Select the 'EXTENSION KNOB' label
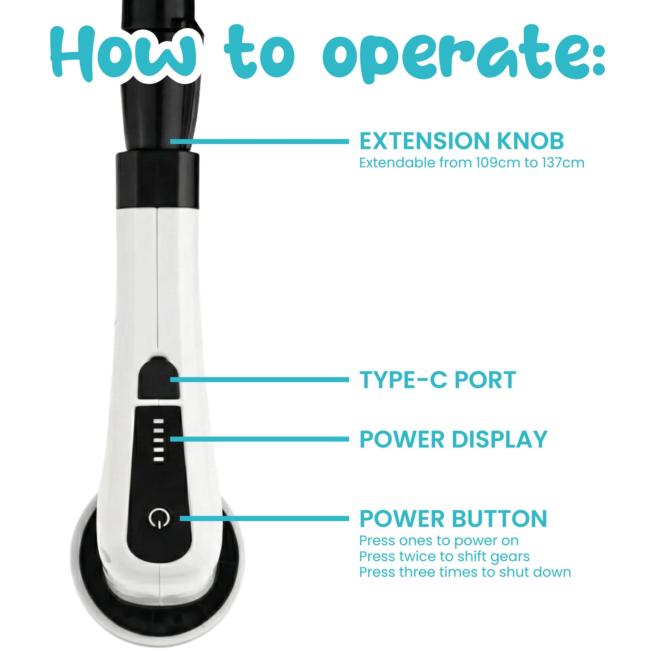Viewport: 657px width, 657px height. pos(461,141)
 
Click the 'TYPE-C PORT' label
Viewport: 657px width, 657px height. pos(437,380)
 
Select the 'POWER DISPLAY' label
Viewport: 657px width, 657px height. pos(453,439)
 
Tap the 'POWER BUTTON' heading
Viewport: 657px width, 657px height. pos(453,519)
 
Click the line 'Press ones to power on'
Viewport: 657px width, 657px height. pos(438,541)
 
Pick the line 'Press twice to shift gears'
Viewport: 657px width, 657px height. pos(444,557)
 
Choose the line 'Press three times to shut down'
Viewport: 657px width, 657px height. pos(465,572)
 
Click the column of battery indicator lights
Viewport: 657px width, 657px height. pos(158,440)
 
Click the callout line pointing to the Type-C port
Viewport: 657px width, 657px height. pos(259,380)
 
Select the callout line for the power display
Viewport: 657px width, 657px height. pos(259,439)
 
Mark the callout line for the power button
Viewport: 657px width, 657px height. pos(264,519)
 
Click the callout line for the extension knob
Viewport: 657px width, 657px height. pos(259,141)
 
